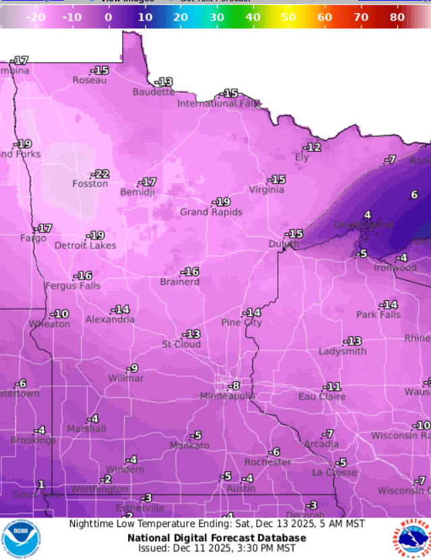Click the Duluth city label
(284, 244)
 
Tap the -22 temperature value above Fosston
(100, 174)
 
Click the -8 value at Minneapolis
(233, 386)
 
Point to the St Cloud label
(181, 344)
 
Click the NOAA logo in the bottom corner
(21, 538)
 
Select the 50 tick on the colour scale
(289, 16)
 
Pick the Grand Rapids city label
(210, 212)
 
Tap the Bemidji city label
(137, 192)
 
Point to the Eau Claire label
(322, 397)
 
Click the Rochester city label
(268, 462)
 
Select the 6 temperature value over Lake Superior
(414, 194)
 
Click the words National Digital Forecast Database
(217, 538)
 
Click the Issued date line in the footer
(217, 549)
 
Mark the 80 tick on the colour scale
(397, 16)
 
